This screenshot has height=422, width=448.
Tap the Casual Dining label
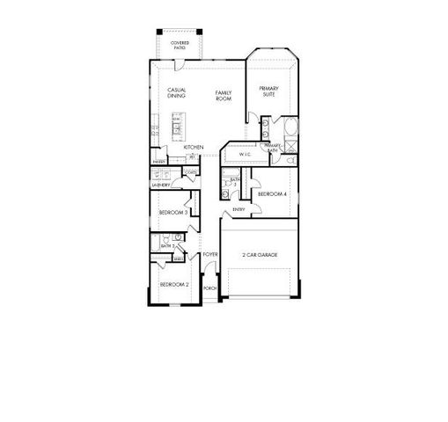pos(175,92)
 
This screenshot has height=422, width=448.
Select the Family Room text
pos(224,96)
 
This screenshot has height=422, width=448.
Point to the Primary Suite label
pos(268,91)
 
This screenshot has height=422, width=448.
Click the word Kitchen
pos(194,147)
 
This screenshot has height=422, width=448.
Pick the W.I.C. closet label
pos(246,155)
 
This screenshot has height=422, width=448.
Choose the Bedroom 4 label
pos(272,193)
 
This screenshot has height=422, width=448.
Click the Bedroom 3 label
pos(173,213)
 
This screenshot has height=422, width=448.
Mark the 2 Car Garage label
pos(260,255)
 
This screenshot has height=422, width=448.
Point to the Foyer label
pos(209,255)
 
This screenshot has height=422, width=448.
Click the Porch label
pos(209,288)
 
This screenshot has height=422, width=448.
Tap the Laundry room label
pos(161,186)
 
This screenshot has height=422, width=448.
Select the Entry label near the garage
pos(238,209)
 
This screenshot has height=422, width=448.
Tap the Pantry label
pos(158,162)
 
